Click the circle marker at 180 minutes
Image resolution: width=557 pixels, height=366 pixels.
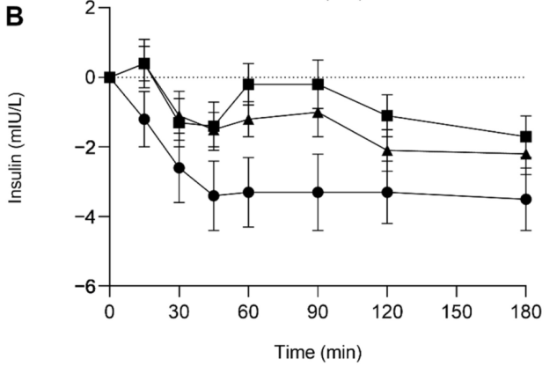pyautogui.click(x=526, y=199)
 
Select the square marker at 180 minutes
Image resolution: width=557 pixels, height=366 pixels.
pyautogui.click(x=526, y=136)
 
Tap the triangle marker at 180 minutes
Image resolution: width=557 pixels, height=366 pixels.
pyautogui.click(x=526, y=154)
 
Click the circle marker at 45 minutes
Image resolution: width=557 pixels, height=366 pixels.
pyautogui.click(x=214, y=195)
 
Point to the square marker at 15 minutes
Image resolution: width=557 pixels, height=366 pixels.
pyautogui.click(x=144, y=63)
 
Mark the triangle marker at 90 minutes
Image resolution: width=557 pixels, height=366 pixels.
pyautogui.click(x=318, y=112)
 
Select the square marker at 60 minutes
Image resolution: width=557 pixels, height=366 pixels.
pyautogui.click(x=249, y=84)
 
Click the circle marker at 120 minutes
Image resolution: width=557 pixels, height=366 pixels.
pyautogui.click(x=387, y=192)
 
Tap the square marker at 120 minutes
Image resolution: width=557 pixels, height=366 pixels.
pyautogui.click(x=387, y=115)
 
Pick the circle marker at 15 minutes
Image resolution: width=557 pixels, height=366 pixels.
pyautogui.click(x=144, y=119)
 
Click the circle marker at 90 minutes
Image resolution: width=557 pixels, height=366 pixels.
pyautogui.click(x=318, y=192)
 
